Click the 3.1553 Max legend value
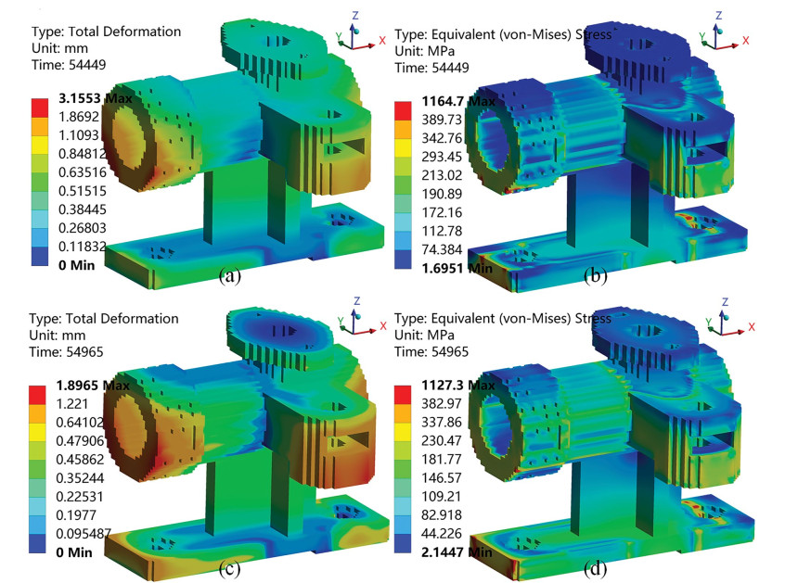pyautogui.click(x=96, y=98)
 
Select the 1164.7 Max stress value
pyautogui.click(x=458, y=101)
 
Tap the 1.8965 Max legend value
pyautogui.click(x=93, y=386)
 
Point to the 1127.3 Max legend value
pyautogui.click(x=458, y=385)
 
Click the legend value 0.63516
pyautogui.click(x=83, y=172)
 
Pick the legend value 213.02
pyautogui.click(x=442, y=175)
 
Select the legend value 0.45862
pyautogui.click(x=80, y=460)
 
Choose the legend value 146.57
pyautogui.click(x=442, y=477)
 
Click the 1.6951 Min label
pyautogui.click(x=457, y=269)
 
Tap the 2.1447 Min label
pyautogui.click(x=457, y=552)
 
